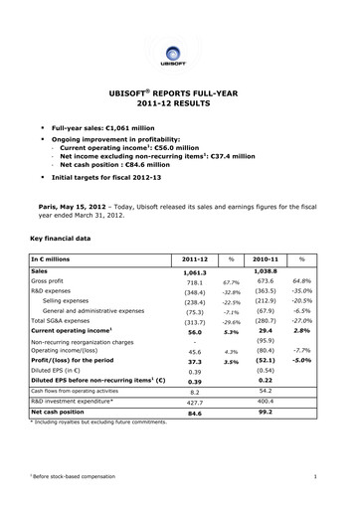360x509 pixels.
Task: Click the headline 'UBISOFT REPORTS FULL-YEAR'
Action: click(x=179, y=90)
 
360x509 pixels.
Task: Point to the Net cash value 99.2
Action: click(x=264, y=411)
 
